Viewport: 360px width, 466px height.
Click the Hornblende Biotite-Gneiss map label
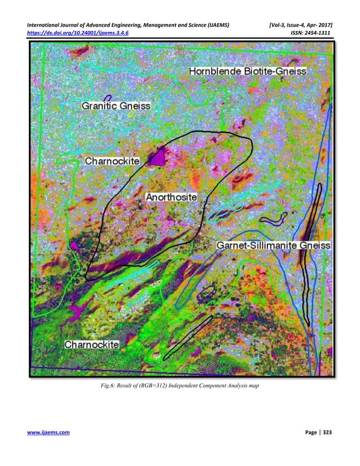click(x=247, y=72)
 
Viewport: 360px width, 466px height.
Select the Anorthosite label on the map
click(x=171, y=197)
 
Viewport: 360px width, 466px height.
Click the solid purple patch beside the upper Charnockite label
click(x=158, y=156)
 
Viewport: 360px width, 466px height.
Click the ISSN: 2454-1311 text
click(x=308, y=32)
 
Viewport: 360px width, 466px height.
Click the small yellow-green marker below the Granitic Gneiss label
click(x=131, y=114)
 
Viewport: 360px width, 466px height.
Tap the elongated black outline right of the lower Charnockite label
click(x=186, y=337)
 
